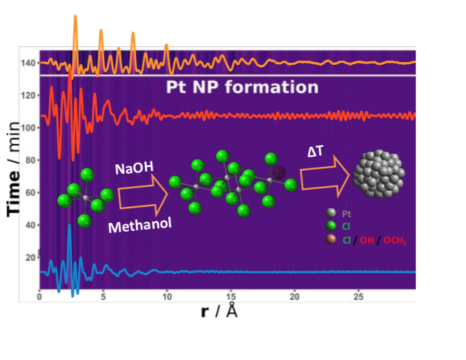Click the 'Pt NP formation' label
(243, 88)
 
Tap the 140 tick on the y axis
(28, 63)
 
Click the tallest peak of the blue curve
(69, 226)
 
